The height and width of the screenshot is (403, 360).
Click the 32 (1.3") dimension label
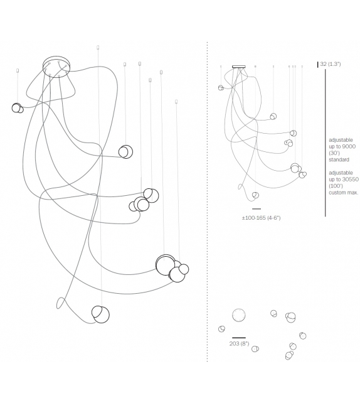point(331,64)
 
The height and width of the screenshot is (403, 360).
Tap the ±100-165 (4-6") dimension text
point(261,218)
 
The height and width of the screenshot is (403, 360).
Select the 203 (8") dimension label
point(239,343)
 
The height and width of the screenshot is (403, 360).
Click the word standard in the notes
point(339,159)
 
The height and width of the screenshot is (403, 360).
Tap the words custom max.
point(343,193)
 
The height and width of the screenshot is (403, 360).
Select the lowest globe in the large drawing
point(100,314)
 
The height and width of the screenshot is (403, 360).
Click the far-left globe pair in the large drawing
point(18,108)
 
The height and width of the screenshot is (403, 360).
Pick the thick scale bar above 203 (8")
point(239,338)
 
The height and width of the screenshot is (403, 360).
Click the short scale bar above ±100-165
point(257,209)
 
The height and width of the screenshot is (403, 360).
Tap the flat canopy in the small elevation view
point(239,67)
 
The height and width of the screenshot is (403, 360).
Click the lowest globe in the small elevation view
point(255,195)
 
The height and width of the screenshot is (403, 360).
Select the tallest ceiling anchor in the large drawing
point(98,47)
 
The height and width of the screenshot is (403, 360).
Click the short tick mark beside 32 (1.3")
point(318,65)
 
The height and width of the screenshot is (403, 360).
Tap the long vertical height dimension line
point(326,143)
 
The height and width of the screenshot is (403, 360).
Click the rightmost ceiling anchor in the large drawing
point(176,102)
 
